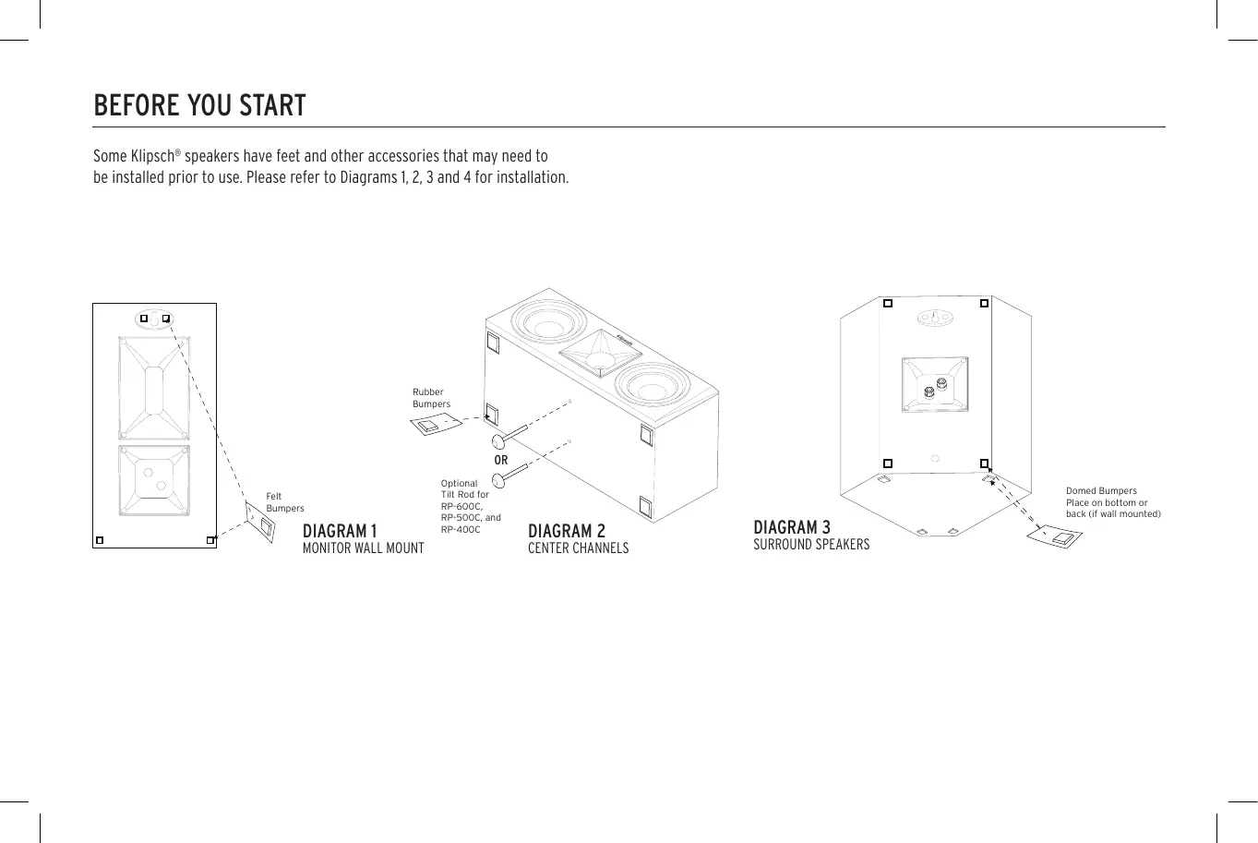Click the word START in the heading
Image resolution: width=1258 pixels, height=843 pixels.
coord(272,106)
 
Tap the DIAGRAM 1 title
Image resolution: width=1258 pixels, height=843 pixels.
coord(340,531)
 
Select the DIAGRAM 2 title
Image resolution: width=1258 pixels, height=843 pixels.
coord(567,531)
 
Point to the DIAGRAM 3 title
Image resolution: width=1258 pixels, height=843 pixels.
coord(792,527)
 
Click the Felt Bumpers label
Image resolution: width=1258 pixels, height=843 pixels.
coord(284,502)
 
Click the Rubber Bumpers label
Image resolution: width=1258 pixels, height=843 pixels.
coord(431,398)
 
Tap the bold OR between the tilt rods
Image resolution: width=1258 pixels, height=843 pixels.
coord(501,460)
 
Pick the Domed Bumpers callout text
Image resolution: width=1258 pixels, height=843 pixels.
coord(1112,502)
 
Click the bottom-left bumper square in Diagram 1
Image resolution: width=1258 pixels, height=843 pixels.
coord(100,540)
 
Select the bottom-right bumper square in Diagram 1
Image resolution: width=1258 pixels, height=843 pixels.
coord(210,540)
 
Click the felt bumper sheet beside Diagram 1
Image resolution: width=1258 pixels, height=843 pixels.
coord(261,524)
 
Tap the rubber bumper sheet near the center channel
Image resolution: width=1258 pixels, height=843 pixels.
coord(435,425)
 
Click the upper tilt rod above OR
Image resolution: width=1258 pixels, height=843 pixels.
coord(508,434)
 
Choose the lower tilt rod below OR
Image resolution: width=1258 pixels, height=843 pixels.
coord(508,475)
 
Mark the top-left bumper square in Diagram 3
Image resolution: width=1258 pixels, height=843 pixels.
coord(887,303)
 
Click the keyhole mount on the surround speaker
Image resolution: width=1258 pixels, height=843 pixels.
coord(934,318)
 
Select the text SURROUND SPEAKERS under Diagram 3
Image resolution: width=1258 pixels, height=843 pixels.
coord(811,545)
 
